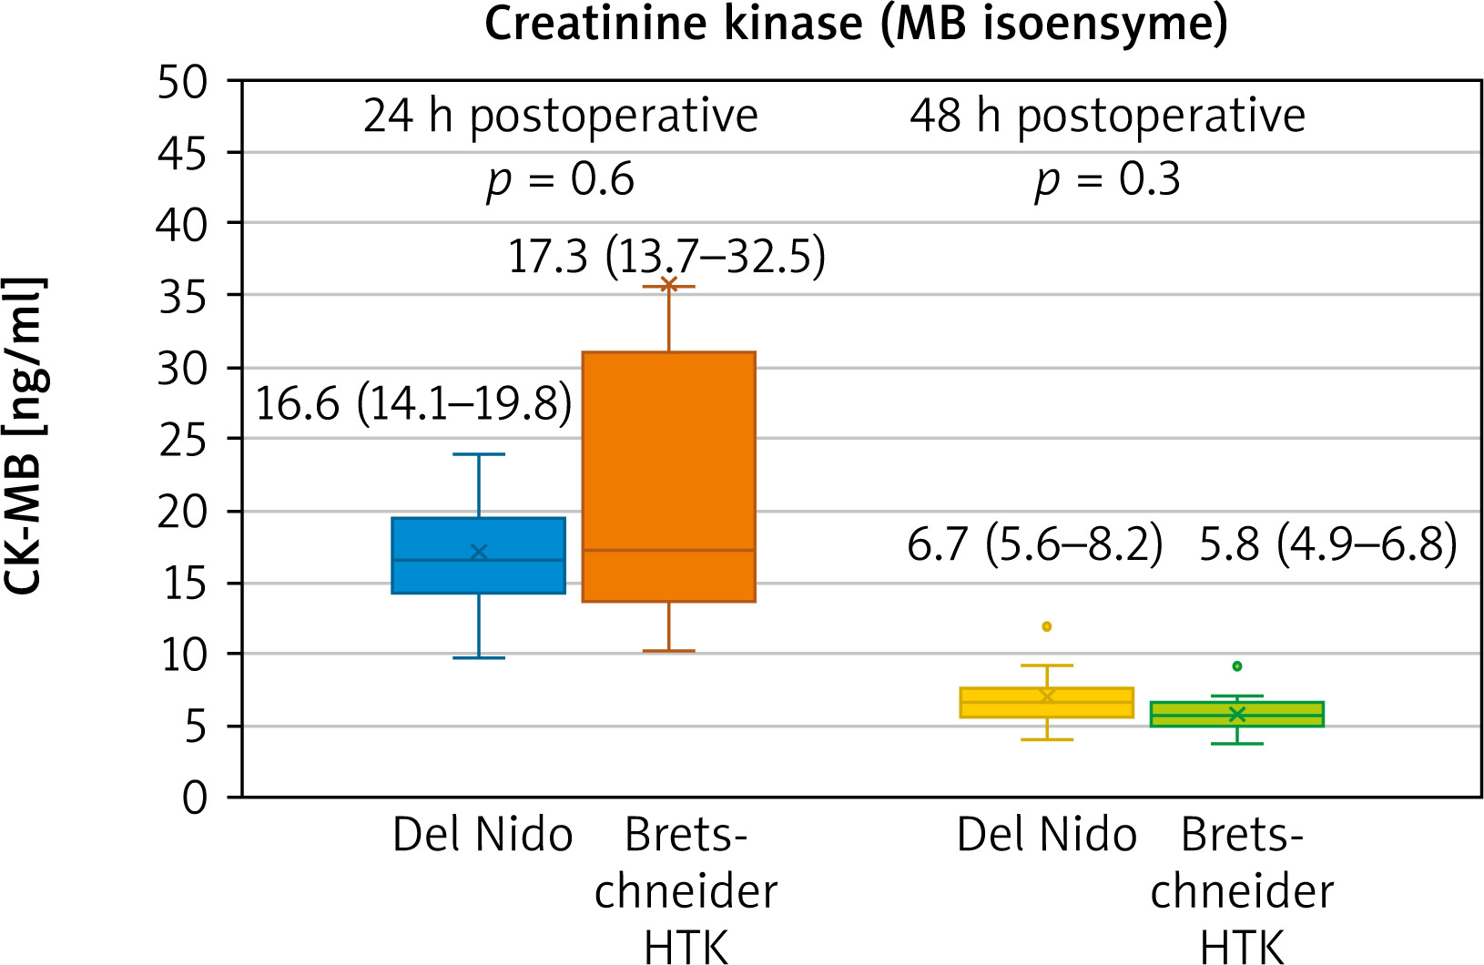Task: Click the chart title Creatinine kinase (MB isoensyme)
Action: pos(856,24)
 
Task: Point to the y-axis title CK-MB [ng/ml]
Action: pos(24,435)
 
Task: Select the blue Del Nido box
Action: pos(478,555)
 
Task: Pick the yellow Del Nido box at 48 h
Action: pos(1046,703)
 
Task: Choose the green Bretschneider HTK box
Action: pos(1236,714)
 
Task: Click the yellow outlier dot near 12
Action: pos(1047,626)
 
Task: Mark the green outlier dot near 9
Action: pos(1236,666)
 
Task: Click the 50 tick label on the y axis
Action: pos(183,83)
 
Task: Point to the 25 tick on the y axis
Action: pos(183,441)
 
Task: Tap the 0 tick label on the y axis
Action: pos(195,798)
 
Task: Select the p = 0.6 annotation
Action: pos(560,180)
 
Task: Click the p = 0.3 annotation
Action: pos(1107,180)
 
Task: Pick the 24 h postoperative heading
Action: pos(560,117)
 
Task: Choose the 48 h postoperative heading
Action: pos(1107,117)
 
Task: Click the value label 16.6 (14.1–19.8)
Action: pos(413,403)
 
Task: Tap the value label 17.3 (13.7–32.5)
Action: pos(666,256)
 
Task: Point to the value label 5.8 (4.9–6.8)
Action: pos(1327,544)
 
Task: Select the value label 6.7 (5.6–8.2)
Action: pos(1035,544)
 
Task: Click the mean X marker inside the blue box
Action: pos(479,553)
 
